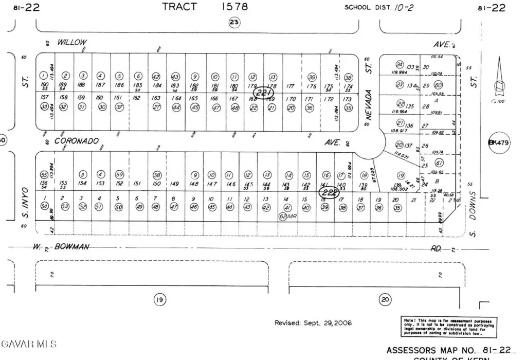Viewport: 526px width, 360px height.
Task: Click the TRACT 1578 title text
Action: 205,7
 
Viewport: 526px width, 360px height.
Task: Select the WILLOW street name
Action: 72,42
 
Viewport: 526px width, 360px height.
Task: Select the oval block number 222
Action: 329,192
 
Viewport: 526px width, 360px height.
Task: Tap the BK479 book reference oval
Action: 499,142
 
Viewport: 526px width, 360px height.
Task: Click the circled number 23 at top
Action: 234,22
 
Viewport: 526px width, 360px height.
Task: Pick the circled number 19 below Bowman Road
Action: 159,299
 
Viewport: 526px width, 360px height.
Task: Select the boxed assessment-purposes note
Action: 447,327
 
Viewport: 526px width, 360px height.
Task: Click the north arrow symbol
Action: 498,82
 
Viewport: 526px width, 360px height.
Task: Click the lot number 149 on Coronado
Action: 175,184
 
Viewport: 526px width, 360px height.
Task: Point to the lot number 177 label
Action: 291,86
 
